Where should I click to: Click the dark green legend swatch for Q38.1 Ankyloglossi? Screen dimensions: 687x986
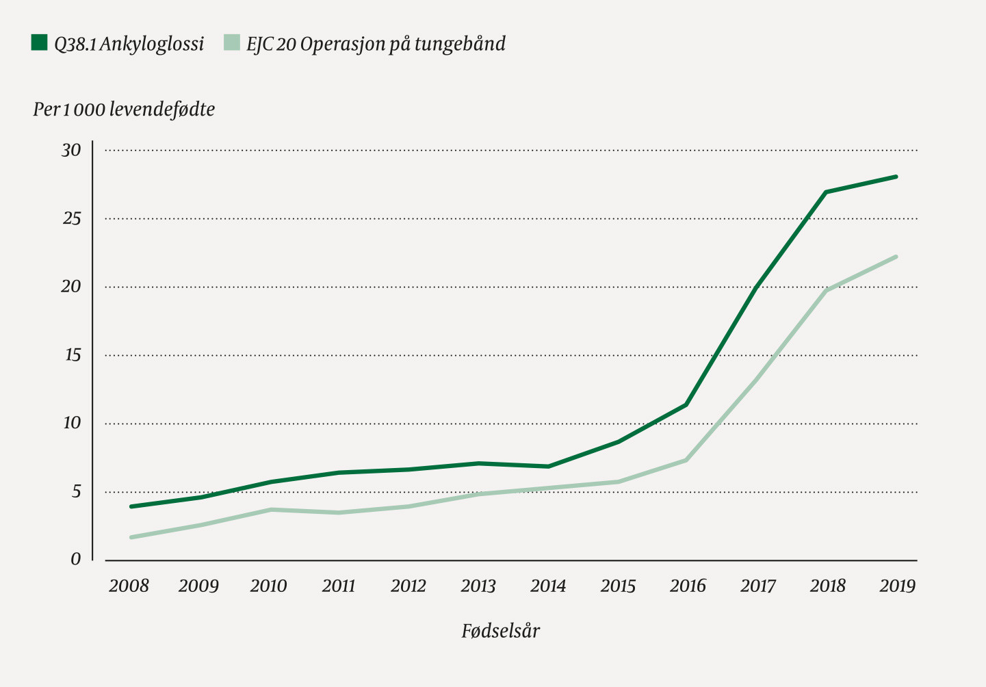[x=39, y=43]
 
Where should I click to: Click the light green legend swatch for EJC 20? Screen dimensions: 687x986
[x=232, y=43]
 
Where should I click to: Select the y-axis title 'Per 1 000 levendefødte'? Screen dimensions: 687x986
[x=124, y=109]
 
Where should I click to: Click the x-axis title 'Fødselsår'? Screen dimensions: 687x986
[x=500, y=631]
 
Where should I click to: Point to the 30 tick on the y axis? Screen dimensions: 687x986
[x=71, y=150]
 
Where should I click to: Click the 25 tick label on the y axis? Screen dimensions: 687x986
[x=71, y=218]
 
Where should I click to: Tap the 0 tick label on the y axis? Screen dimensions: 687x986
[x=75, y=560]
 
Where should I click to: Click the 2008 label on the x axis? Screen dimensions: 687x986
[x=129, y=586]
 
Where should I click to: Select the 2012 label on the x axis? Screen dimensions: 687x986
[x=408, y=586]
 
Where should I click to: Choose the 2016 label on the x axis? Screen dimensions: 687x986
[x=688, y=586]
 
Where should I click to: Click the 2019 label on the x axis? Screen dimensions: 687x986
[x=897, y=586]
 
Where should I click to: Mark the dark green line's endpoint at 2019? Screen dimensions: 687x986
[x=896, y=177]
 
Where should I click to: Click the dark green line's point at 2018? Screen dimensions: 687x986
[x=827, y=192]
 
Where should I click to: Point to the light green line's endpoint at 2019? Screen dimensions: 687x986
[x=896, y=257]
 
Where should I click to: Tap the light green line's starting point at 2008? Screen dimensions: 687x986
[x=131, y=537]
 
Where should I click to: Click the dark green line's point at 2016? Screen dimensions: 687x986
[x=686, y=404]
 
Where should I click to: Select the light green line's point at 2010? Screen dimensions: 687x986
[x=270, y=510]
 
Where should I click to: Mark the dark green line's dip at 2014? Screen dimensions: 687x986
[x=548, y=467]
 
